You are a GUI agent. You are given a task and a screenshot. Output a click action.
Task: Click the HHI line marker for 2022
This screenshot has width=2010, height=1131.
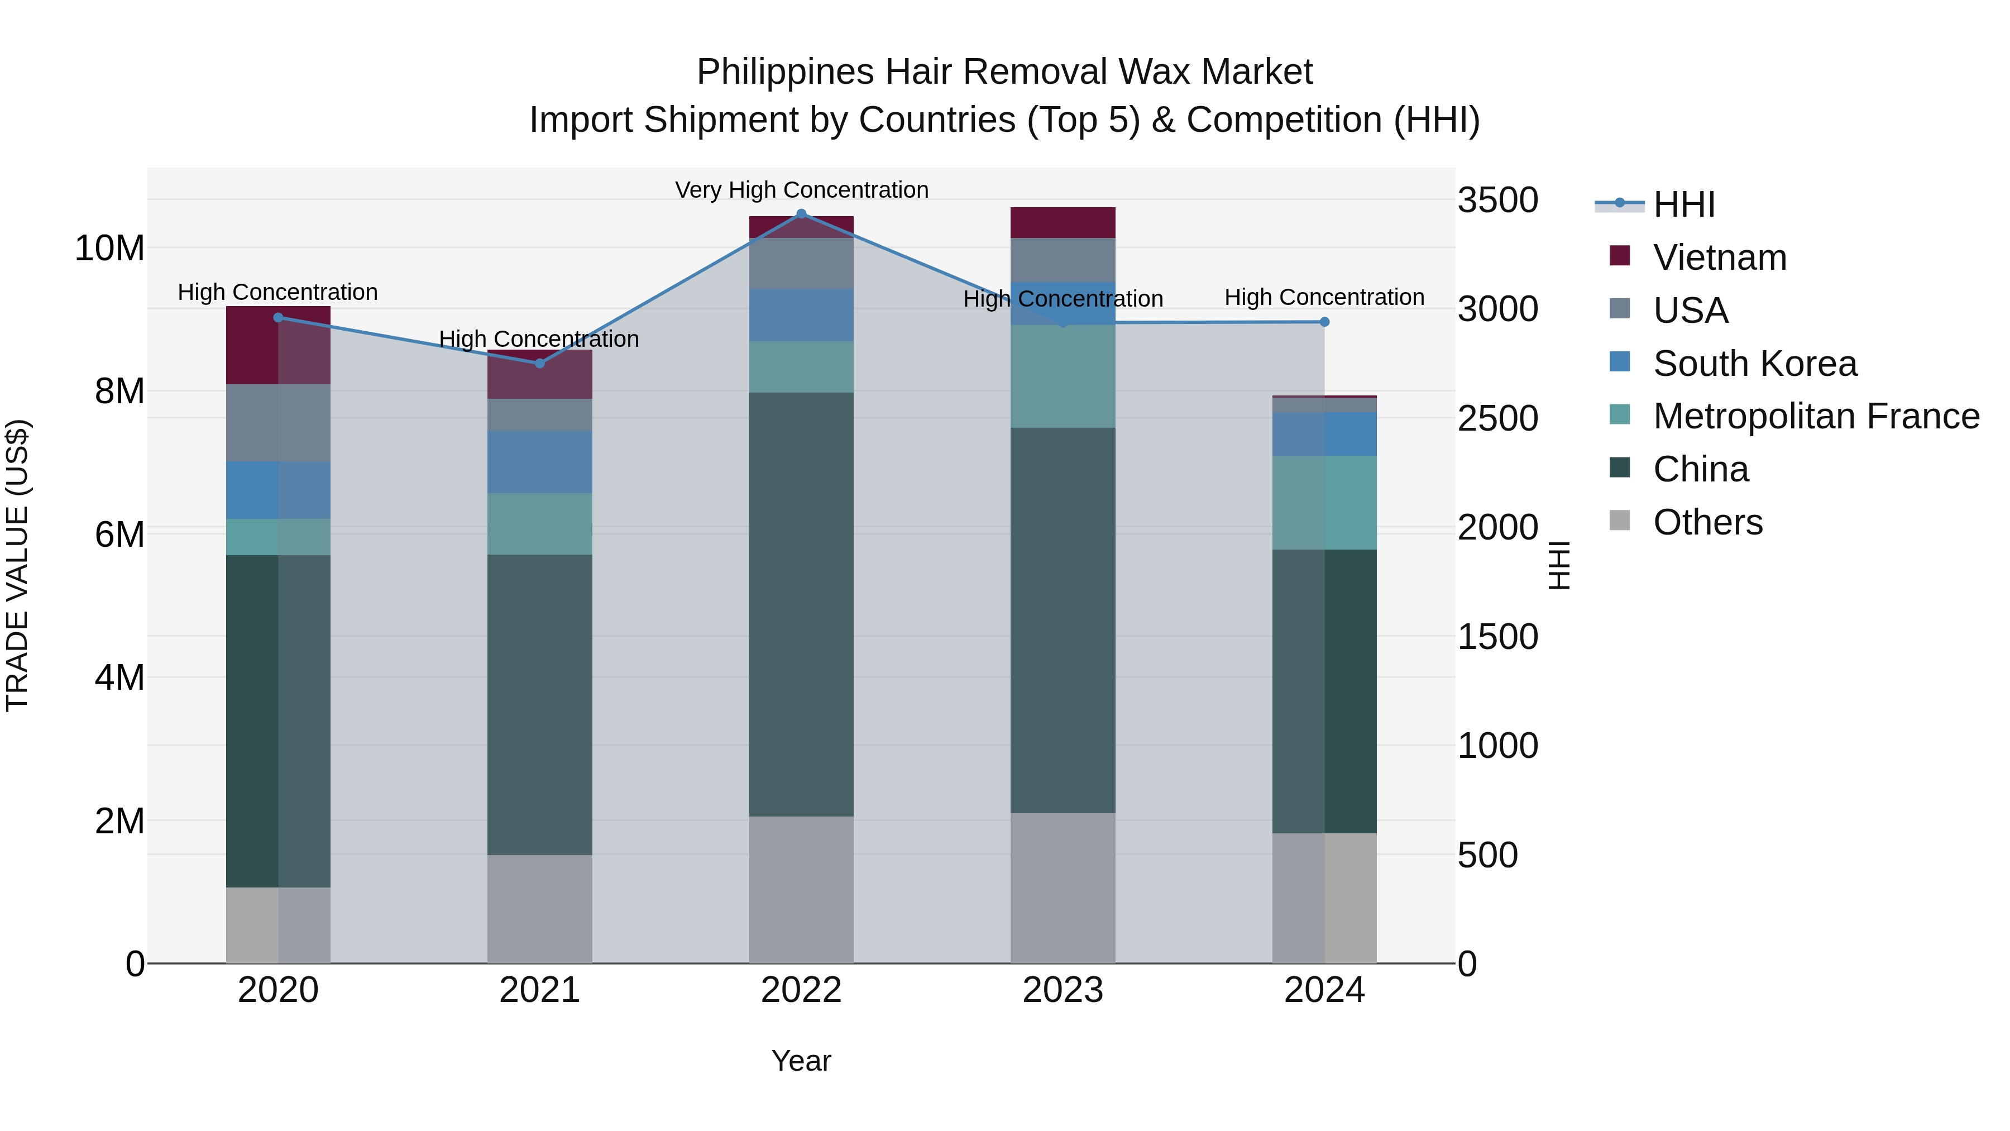coord(801,214)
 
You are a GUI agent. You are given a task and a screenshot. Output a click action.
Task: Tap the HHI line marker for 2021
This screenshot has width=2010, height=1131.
coord(539,363)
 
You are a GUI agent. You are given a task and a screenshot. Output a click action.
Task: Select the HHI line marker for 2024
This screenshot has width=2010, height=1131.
coord(1324,322)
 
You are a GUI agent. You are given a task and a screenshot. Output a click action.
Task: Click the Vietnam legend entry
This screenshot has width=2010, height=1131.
coord(1719,257)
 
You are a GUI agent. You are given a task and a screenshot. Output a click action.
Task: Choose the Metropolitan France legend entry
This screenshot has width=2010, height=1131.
coord(1816,416)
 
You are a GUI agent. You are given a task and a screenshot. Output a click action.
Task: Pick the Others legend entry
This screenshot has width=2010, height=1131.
coord(1707,522)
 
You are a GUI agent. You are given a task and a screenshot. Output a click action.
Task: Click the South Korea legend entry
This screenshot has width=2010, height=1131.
coord(1754,364)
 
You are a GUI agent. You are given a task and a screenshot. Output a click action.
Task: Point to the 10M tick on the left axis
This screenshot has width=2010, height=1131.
coord(109,248)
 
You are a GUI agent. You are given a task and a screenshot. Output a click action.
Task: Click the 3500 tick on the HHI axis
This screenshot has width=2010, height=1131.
coord(1497,200)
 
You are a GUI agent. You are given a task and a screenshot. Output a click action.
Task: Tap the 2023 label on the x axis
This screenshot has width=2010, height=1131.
coord(1063,990)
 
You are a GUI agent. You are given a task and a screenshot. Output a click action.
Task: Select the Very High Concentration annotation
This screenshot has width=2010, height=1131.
coord(801,190)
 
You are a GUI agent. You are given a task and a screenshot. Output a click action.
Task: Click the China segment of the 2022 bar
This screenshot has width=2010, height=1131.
coord(801,604)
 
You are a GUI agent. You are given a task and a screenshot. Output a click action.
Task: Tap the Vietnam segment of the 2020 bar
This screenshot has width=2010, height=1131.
coord(278,345)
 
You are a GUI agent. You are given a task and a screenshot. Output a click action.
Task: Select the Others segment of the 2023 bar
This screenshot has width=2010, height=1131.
coord(1063,887)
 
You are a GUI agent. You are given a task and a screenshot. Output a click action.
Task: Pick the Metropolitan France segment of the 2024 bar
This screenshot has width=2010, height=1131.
coord(1324,503)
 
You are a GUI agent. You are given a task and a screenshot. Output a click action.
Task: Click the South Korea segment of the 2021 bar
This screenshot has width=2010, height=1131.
coord(539,461)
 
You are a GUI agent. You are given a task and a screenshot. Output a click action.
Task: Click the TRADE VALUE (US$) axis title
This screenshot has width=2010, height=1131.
coord(17,565)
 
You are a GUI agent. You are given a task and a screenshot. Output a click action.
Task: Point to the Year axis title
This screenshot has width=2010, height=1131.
coord(801,1061)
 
